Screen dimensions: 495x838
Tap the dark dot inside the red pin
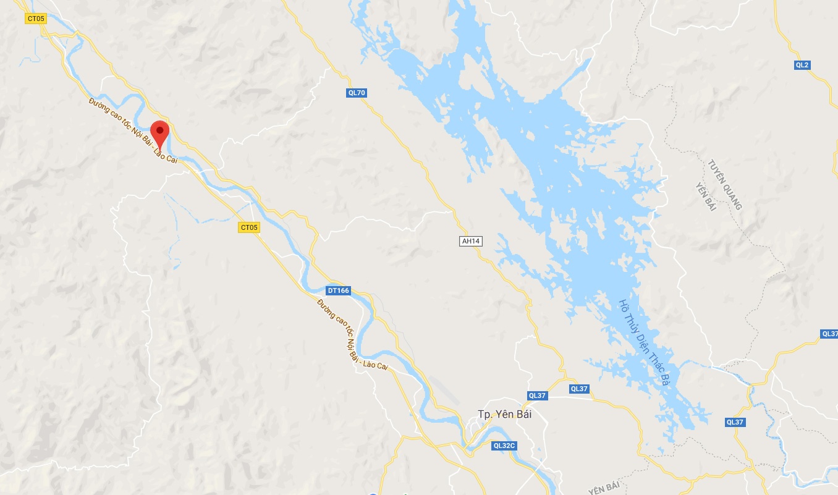(160, 130)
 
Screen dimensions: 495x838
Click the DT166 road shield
(339, 290)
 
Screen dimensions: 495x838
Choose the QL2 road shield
(802, 65)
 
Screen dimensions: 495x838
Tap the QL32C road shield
(504, 445)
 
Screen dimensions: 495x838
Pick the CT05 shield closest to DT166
(249, 228)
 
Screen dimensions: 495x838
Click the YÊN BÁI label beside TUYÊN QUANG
(705, 197)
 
